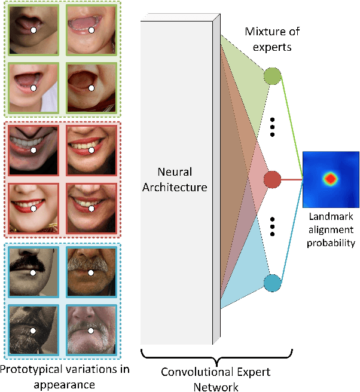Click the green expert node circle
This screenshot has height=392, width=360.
pyautogui.click(x=272, y=76)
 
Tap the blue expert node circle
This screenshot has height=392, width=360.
pyautogui.click(x=272, y=283)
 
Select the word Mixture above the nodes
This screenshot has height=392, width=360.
pyautogui.click(x=259, y=32)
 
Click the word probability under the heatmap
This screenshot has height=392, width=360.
pyautogui.click(x=329, y=242)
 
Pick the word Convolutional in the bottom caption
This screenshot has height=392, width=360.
pyautogui.click(x=192, y=370)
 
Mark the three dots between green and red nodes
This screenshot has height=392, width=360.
pyautogui.click(x=272, y=127)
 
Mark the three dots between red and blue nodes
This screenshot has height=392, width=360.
pyautogui.click(x=272, y=228)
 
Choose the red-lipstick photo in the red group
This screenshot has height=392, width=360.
pyautogui.click(x=33, y=207)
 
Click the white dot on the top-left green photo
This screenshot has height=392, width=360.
pyautogui.click(x=35, y=29)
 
